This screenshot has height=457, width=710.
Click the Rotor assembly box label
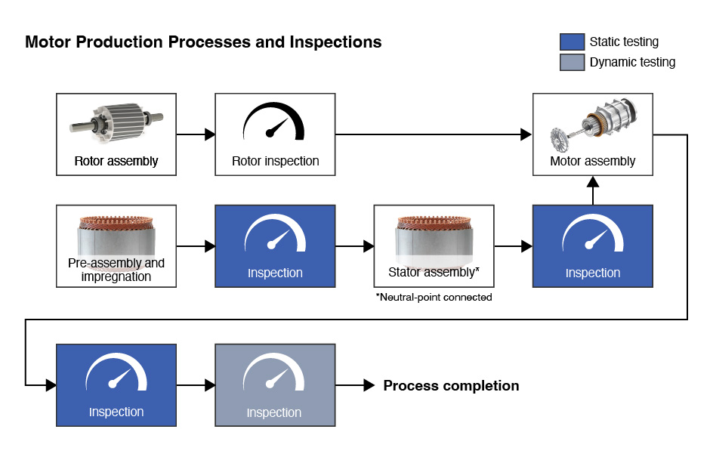116,161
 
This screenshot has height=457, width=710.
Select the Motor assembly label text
592,161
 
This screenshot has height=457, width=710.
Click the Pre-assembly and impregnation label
116,270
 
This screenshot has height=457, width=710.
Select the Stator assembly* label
434,272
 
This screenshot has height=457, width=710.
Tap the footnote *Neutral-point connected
434,297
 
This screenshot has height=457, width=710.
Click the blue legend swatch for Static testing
573,42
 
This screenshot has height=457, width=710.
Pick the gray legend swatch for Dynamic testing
573,62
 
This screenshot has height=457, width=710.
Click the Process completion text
451,386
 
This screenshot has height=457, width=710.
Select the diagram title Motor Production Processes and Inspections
203,42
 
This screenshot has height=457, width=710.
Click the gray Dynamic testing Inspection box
275,384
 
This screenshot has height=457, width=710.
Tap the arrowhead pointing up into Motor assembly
593,181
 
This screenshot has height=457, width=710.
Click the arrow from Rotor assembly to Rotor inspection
196,135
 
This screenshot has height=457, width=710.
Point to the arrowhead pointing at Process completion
369,385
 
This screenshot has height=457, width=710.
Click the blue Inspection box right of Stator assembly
592,245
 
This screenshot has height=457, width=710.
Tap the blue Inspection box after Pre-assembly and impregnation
275,245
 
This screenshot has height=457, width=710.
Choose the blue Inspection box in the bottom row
116,384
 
